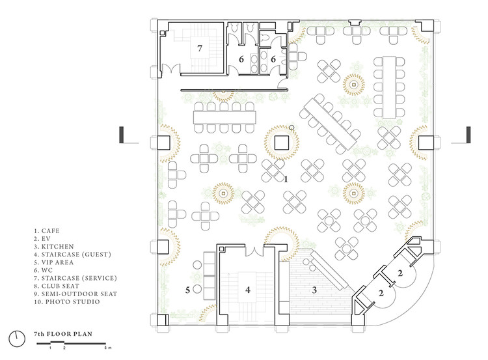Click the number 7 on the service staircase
[199, 48]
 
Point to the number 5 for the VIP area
[188, 290]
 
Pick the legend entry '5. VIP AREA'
[52, 263]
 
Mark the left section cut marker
[122, 135]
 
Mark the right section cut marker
[467, 135]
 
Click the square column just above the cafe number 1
[282, 141]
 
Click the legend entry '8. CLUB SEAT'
[53, 287]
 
